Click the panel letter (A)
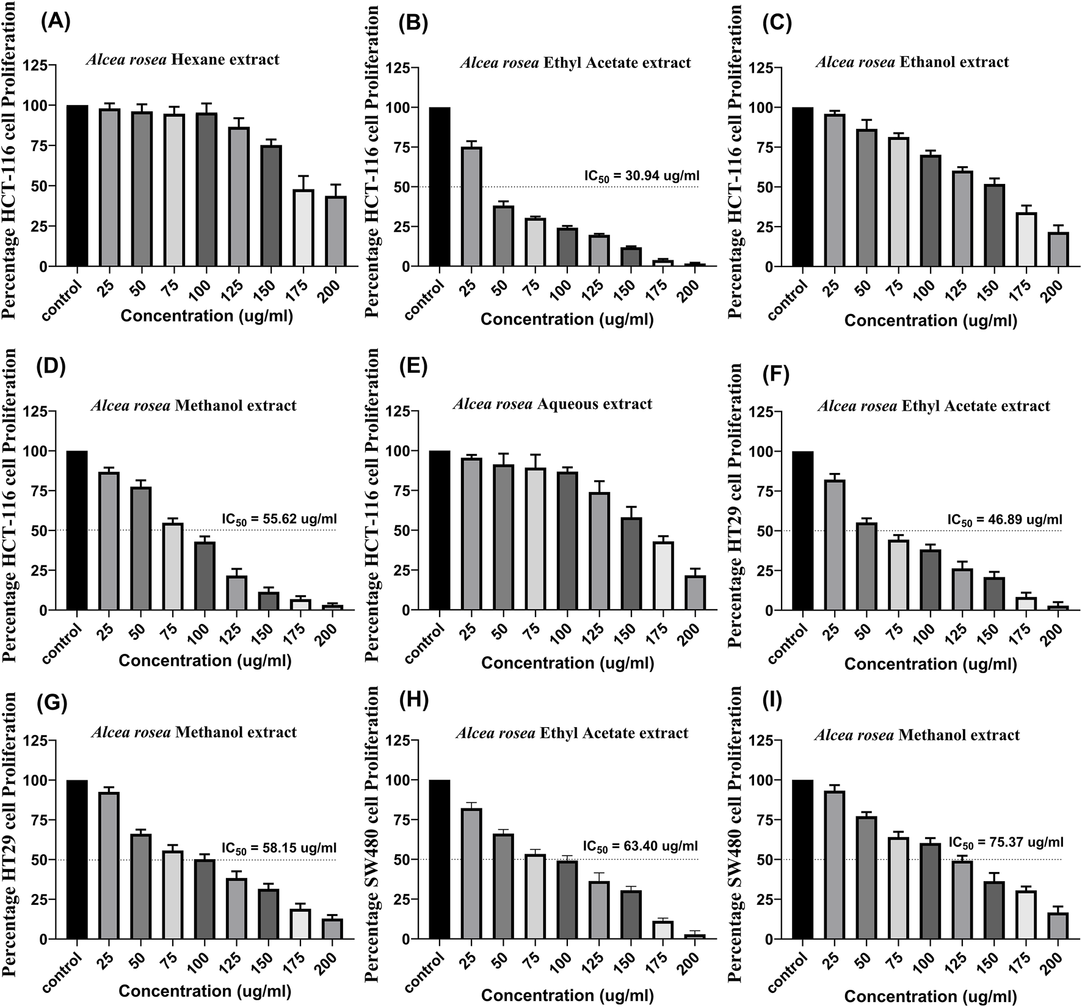pyautogui.click(x=56, y=22)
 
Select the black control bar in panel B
pyautogui.click(x=440, y=187)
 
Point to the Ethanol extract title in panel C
pyautogui.click(x=912, y=62)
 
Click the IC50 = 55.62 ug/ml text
pyautogui.click(x=278, y=519)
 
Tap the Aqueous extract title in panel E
pyautogui.click(x=553, y=404)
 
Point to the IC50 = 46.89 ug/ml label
pyautogui.click(x=1005, y=520)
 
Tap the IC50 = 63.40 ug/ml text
pyautogui.click(x=640, y=846)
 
